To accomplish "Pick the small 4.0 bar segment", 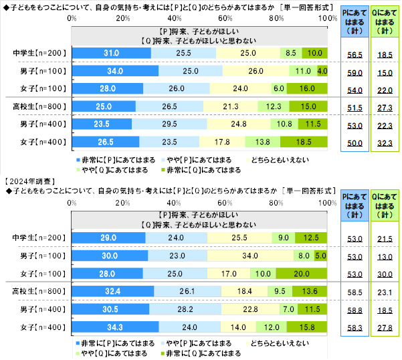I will point(322,70).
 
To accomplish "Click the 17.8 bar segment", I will point(223,141).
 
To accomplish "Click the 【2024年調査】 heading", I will point(28,181).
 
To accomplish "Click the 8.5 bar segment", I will point(291,52).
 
